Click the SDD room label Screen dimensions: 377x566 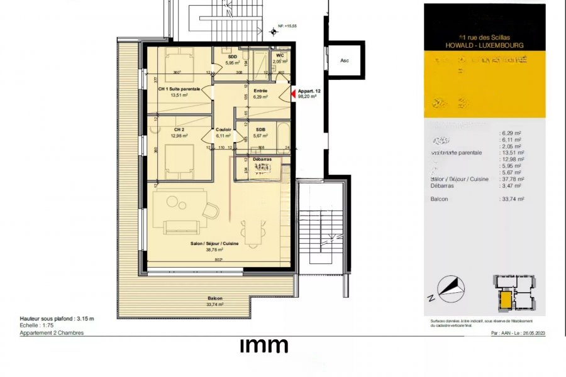232,56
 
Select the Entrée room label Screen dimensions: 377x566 260,90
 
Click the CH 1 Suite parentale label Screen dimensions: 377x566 179,89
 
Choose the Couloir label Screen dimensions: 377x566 224,129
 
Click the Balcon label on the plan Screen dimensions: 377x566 216,298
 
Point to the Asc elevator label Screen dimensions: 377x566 344,61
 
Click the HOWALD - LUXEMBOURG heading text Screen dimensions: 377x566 484,45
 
